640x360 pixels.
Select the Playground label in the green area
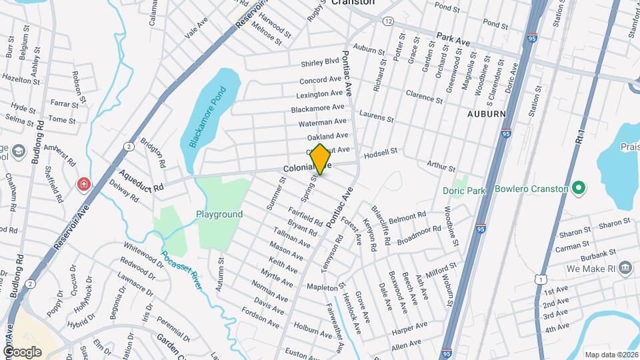[219, 215]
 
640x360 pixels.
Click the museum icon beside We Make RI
[625, 268]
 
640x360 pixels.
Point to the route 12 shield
[388, 21]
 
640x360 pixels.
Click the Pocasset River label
[182, 272]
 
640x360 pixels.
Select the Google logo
[22, 351]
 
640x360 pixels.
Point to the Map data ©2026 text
[611, 355]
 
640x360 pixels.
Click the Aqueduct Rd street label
[141, 181]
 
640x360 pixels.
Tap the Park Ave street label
[453, 41]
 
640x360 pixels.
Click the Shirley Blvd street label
[320, 61]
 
